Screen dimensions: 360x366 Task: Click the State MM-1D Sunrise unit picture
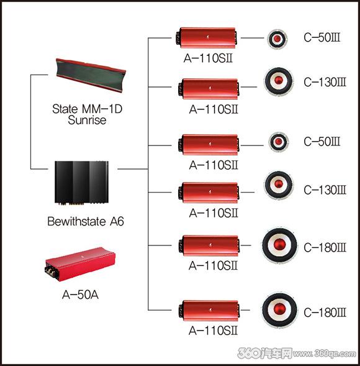(91, 75)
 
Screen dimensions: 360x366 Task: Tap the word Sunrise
(87, 120)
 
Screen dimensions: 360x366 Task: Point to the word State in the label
(65, 109)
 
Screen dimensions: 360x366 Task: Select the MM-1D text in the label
(102, 109)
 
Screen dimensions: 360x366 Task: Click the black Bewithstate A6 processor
(81, 183)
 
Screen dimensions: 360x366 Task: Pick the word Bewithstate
(76, 221)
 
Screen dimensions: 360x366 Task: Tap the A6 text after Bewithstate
(117, 221)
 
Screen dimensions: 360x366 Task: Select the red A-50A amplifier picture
(79, 264)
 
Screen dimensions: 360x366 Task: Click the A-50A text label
(80, 295)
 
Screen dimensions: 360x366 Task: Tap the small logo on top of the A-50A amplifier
(81, 256)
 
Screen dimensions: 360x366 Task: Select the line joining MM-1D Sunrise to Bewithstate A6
(31, 122)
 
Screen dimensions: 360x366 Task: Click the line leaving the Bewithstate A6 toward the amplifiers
(133, 168)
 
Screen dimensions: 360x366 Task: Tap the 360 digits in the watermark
(249, 354)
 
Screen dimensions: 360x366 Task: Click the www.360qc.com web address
(325, 354)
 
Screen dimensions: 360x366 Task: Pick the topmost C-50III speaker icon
(277, 39)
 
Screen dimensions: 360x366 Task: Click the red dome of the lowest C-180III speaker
(279, 309)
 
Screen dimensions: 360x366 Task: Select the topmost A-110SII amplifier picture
(207, 37)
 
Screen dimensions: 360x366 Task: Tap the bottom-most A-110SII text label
(213, 331)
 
